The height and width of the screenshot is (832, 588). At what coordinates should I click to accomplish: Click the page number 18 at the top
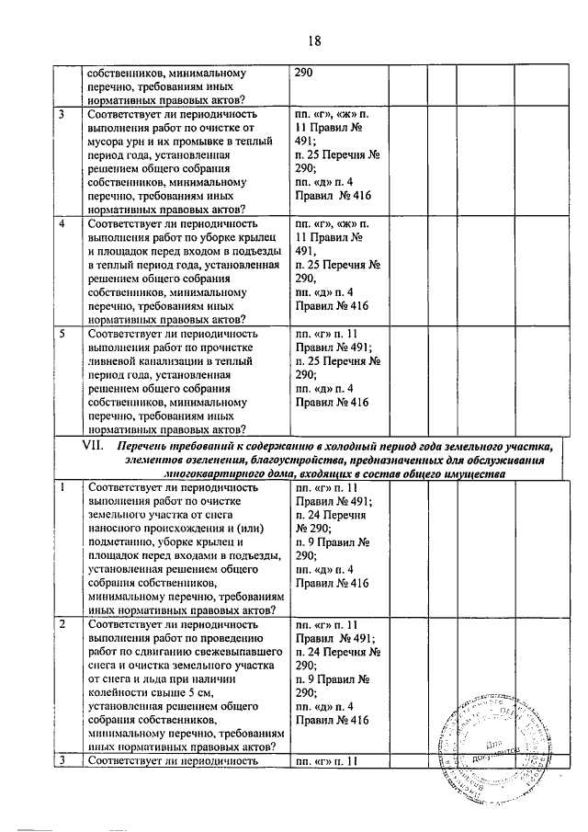pyautogui.click(x=314, y=41)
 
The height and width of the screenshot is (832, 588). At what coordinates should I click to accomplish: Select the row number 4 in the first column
pyautogui.click(x=62, y=222)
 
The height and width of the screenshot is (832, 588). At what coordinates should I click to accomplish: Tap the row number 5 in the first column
pyautogui.click(x=62, y=335)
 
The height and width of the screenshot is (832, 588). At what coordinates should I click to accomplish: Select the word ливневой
pyautogui.click(x=115, y=362)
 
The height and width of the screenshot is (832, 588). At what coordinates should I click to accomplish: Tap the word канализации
pyautogui.click(x=179, y=362)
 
